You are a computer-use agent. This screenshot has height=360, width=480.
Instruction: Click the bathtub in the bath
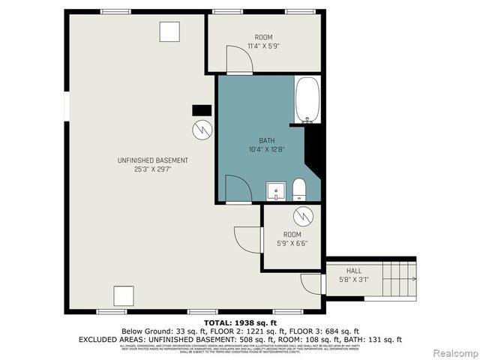tap(308, 100)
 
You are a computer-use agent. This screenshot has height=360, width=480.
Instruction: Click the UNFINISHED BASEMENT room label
tap(152, 160)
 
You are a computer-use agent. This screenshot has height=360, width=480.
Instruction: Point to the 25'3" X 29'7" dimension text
tap(152, 169)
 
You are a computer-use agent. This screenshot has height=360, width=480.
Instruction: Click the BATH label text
tap(266, 140)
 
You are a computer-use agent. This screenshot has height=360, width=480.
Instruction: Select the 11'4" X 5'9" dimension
tap(263, 46)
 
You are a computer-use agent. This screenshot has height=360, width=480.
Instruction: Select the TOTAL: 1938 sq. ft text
tap(240, 322)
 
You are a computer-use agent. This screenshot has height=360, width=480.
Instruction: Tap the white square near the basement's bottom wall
tap(123, 295)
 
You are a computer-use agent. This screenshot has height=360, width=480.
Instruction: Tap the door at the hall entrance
tap(309, 284)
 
